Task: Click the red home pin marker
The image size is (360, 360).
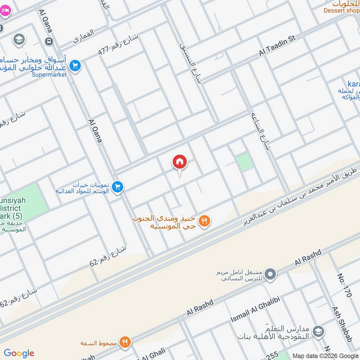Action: coord(180,162)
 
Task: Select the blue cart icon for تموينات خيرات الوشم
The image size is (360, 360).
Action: coord(118,187)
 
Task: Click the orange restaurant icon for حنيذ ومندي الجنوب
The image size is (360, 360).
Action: coord(205,221)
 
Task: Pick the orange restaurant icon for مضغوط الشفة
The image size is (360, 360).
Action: coord(125,342)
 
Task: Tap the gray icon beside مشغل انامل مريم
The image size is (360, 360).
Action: coord(270,274)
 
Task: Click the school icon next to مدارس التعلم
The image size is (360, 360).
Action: coord(318,331)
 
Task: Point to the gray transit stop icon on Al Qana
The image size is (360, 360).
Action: coord(49,41)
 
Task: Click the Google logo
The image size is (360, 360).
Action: coord(19,353)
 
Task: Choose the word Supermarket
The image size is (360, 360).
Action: coord(49,74)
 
